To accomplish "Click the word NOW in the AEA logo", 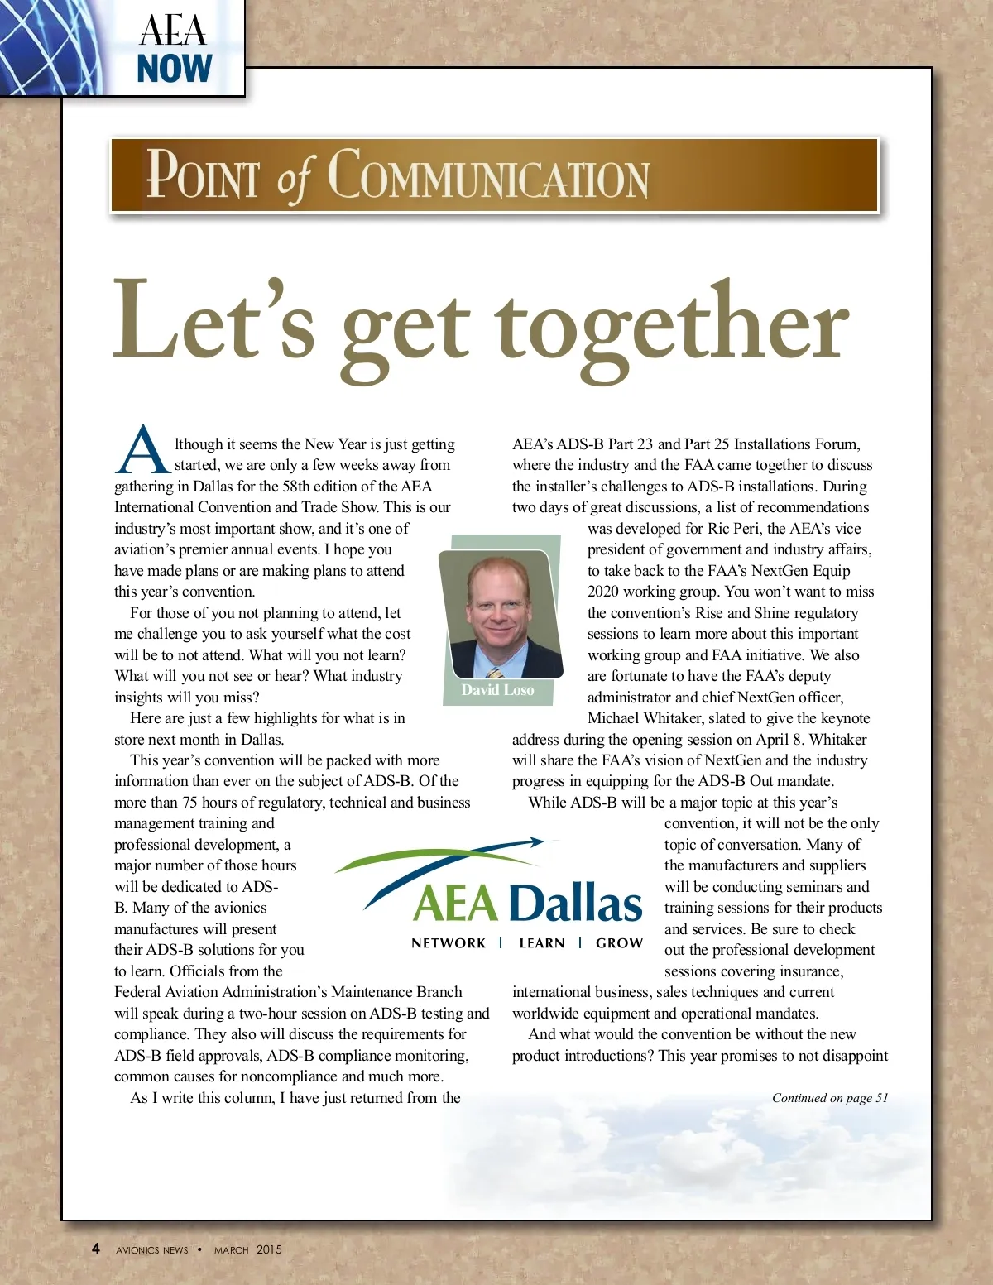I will point(175,69).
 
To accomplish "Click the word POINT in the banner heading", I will point(203,175).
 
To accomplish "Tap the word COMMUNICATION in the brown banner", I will point(489,175).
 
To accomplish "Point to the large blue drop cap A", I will point(142,452).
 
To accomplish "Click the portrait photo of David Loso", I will point(500,613).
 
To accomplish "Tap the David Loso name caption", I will point(497,690).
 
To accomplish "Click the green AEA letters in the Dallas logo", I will point(456,904).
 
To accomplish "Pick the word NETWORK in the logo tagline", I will point(449,943).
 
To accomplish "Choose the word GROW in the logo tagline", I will point(619,943).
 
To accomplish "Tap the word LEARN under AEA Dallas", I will point(542,943).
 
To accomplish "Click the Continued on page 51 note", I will point(829,1098).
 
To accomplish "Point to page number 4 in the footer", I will point(96,1249).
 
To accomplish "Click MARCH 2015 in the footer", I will point(248,1249).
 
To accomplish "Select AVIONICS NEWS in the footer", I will point(152,1250).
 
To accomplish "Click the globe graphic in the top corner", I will point(50,46).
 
